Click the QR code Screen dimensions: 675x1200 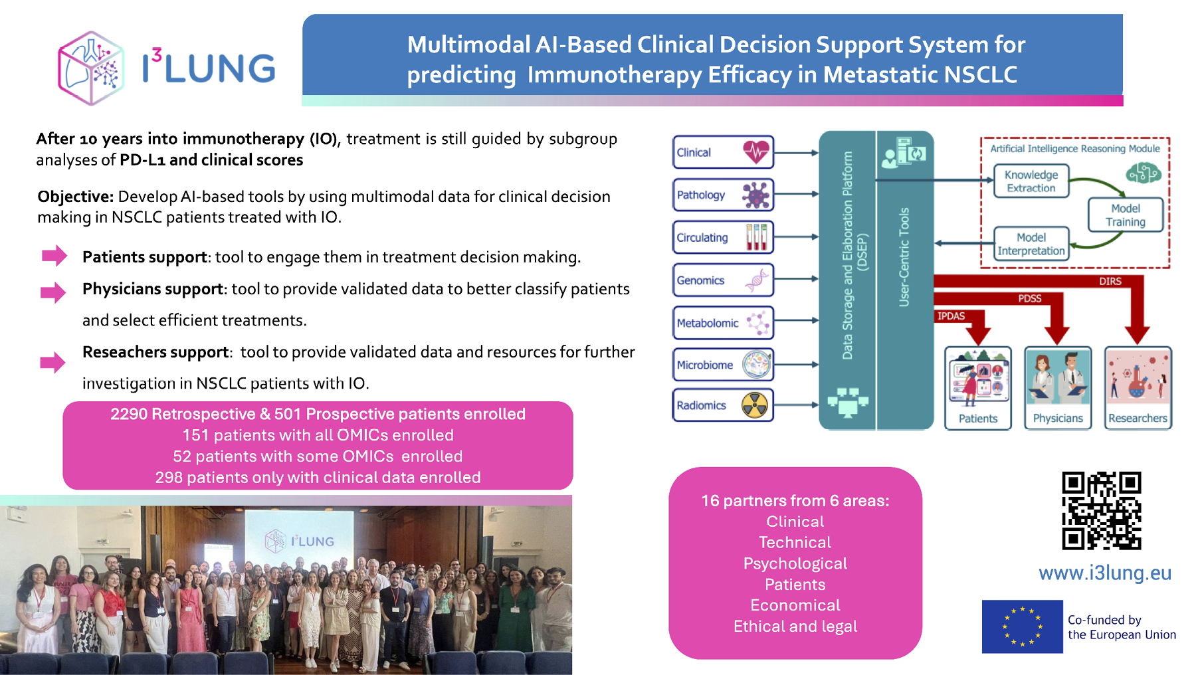pyautogui.click(x=1101, y=511)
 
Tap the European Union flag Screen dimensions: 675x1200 pyautogui.click(x=1022, y=627)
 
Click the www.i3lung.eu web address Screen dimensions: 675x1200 pyautogui.click(x=1104, y=573)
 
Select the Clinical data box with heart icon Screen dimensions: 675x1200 pyautogui.click(x=723, y=152)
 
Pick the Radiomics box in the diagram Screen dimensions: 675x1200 pyautogui.click(x=723, y=405)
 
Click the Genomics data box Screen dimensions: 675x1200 pyautogui.click(x=723, y=280)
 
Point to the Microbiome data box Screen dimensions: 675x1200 pyautogui.click(x=723, y=365)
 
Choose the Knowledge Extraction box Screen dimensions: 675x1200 pyautogui.click(x=1031, y=181)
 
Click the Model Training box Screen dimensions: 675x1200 pyautogui.click(x=1125, y=215)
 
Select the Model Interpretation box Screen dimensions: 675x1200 pyautogui.click(x=1031, y=244)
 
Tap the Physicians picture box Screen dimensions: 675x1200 pyautogui.click(x=1057, y=388)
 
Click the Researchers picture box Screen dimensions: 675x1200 pyautogui.click(x=1138, y=388)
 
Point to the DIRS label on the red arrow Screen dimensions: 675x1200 pyautogui.click(x=1110, y=281)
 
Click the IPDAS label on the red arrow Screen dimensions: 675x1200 pyautogui.click(x=951, y=316)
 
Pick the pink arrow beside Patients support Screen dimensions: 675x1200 pyautogui.click(x=54, y=256)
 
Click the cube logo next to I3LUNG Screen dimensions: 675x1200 pyautogui.click(x=91, y=68)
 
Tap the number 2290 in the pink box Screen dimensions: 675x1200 pyautogui.click(x=129, y=414)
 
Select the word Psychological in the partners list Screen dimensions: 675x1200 pyautogui.click(x=795, y=563)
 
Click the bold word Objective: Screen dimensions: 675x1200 pyautogui.click(x=76, y=197)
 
